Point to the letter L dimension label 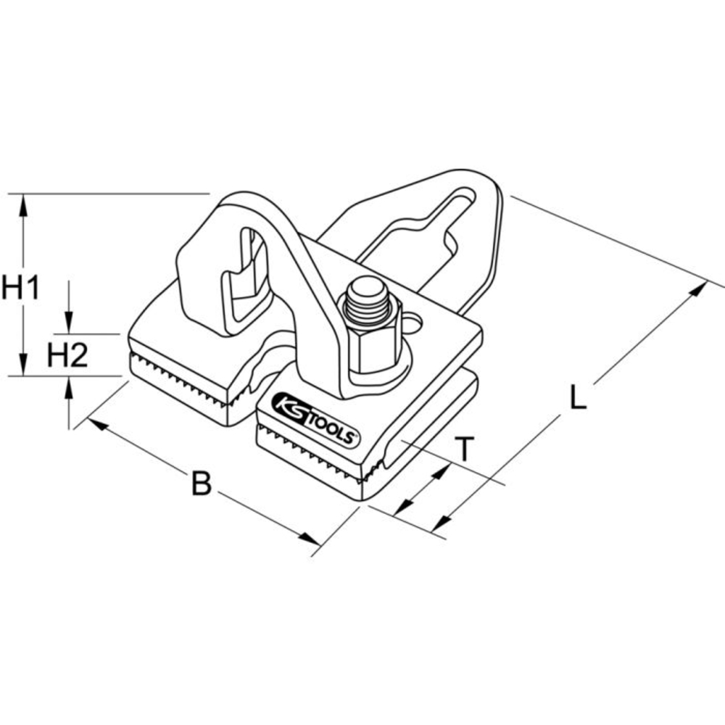click(x=576, y=398)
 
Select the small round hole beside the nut click(x=414, y=320)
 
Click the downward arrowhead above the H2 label click(x=70, y=323)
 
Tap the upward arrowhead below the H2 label click(x=70, y=387)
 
